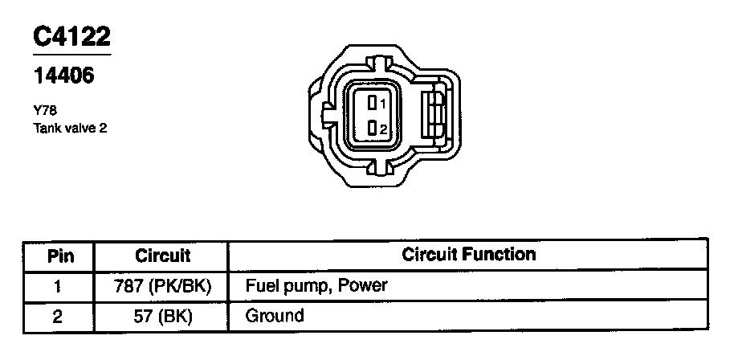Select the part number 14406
point(63,76)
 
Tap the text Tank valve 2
point(70,127)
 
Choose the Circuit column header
point(162,256)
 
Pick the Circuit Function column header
point(468,256)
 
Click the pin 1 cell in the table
point(58,286)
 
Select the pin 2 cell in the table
point(58,316)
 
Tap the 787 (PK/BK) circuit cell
point(162,286)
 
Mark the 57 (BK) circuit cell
point(162,316)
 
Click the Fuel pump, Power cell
point(316,286)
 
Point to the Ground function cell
point(275,316)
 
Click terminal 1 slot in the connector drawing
point(373,103)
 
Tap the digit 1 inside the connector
point(383,104)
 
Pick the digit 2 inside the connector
point(384,129)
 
